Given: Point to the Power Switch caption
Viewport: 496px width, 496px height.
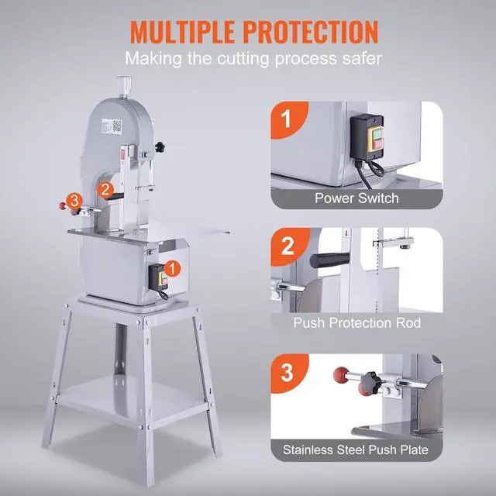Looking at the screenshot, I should (x=356, y=198).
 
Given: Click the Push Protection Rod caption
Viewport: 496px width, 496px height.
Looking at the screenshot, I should (x=356, y=322).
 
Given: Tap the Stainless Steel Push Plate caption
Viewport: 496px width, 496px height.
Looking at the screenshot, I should (x=356, y=448).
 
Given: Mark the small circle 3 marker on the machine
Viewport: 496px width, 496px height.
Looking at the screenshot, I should (x=74, y=200).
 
